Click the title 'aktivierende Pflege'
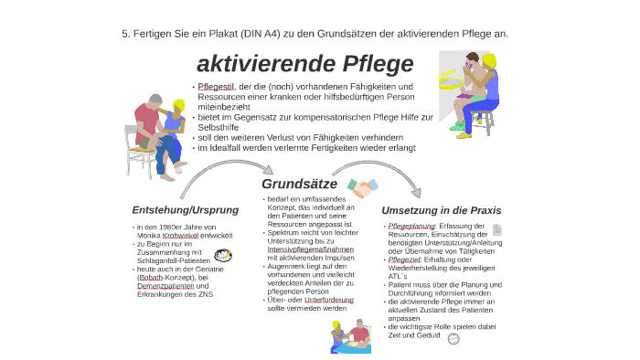pyautogui.click(x=305, y=64)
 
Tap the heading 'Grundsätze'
pyautogui.click(x=299, y=184)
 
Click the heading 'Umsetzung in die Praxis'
pyautogui.click(x=441, y=210)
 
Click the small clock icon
pyautogui.click(x=453, y=337)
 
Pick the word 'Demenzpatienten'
pyautogui.click(x=165, y=286)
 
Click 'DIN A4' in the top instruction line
pyautogui.click(x=259, y=33)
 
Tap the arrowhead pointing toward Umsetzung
pyautogui.click(x=417, y=192)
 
